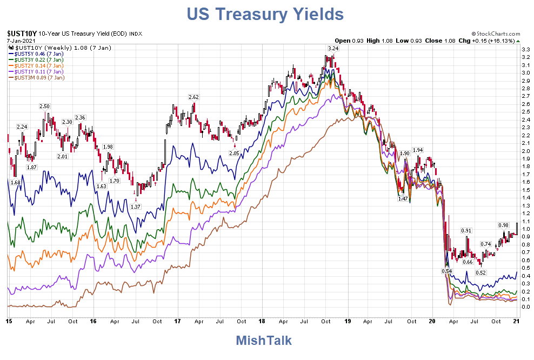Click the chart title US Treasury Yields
(x=266, y=14)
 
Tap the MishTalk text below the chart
(x=264, y=341)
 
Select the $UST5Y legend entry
(x=36, y=54)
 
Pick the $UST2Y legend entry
(x=36, y=65)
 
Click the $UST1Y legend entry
(x=36, y=71)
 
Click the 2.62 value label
(x=193, y=97)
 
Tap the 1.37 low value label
(x=136, y=206)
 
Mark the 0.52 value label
(x=480, y=272)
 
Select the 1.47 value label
(x=402, y=199)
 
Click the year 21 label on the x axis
(x=516, y=321)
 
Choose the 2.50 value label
(x=45, y=106)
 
